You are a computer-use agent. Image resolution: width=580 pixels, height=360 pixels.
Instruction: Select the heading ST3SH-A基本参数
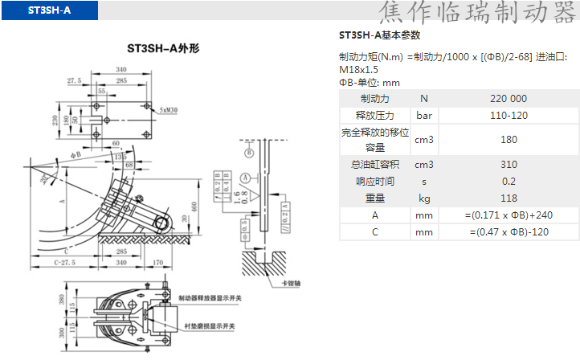(x=380, y=35)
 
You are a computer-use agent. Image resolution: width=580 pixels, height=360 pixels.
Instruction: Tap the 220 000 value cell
(x=508, y=98)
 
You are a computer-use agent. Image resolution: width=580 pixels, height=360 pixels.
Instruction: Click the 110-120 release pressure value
(x=508, y=116)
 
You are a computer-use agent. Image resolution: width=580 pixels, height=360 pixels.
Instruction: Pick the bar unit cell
(x=424, y=116)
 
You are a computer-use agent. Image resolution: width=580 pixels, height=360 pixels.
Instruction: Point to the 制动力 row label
(x=374, y=98)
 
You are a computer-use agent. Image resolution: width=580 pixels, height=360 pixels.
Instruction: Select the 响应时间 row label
(x=374, y=182)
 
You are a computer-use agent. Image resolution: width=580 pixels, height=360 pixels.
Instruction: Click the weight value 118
(x=508, y=198)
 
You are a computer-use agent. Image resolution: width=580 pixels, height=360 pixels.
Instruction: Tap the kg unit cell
(x=424, y=198)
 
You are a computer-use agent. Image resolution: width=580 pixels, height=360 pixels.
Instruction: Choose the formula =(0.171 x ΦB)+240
(x=508, y=215)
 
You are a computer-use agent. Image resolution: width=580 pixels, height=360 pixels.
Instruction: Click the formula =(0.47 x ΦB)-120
(x=508, y=232)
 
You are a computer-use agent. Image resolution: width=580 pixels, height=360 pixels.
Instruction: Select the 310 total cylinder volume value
(x=508, y=165)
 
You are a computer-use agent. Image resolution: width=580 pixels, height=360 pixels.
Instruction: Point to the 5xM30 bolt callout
(x=169, y=109)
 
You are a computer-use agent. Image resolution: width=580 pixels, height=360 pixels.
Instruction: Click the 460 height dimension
(x=194, y=206)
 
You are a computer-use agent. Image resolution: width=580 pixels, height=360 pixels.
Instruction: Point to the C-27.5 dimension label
(x=65, y=261)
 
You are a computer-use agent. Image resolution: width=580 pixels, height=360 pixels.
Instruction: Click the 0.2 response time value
(x=508, y=182)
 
